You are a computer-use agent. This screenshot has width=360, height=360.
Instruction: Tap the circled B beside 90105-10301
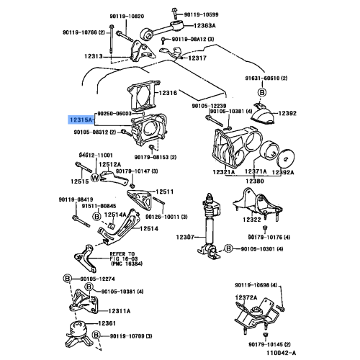pos(228,248)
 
